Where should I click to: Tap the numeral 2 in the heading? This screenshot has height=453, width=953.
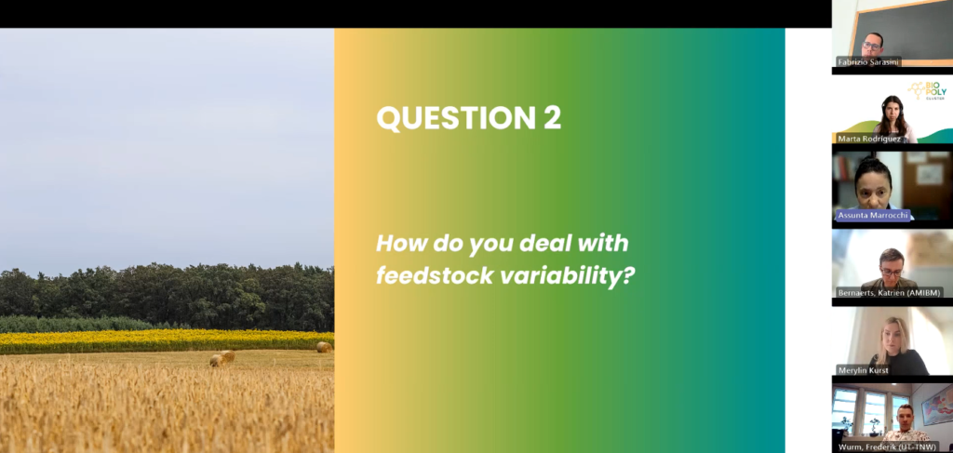(x=553, y=118)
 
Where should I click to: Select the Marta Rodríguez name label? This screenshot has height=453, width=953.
(x=869, y=139)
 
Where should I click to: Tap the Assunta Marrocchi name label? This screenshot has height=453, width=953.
(x=873, y=215)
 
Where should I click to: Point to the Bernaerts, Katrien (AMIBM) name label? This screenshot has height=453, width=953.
(x=891, y=293)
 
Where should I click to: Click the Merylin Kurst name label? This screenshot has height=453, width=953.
(x=863, y=370)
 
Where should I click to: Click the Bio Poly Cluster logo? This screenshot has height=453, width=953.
(x=928, y=90)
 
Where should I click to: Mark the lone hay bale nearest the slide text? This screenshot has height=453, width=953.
(x=324, y=347)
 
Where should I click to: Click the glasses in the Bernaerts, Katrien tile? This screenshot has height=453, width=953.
(x=891, y=272)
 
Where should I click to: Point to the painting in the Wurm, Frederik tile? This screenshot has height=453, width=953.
(x=937, y=405)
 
